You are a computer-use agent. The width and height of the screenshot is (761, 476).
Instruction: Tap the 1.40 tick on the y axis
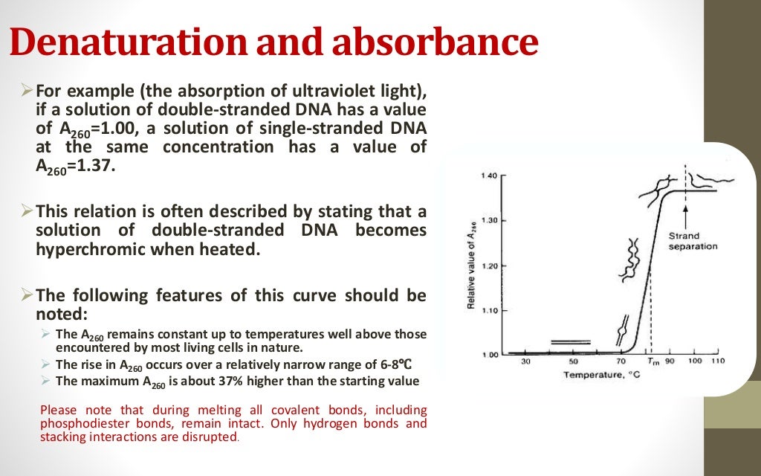[x=488, y=176]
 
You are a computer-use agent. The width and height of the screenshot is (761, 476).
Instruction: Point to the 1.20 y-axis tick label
[x=488, y=266]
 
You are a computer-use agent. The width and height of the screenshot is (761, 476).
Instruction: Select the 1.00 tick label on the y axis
[x=488, y=355]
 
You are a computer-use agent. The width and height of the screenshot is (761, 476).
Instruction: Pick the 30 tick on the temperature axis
[x=525, y=361]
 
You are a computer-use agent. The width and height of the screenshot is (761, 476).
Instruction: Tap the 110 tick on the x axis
[x=716, y=361]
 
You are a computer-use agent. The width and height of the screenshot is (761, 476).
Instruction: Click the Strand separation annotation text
[x=692, y=241]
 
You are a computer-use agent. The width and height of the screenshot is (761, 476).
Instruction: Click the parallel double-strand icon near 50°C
[x=571, y=343]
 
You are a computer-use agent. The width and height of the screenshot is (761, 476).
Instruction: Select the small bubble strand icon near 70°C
[x=624, y=328]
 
